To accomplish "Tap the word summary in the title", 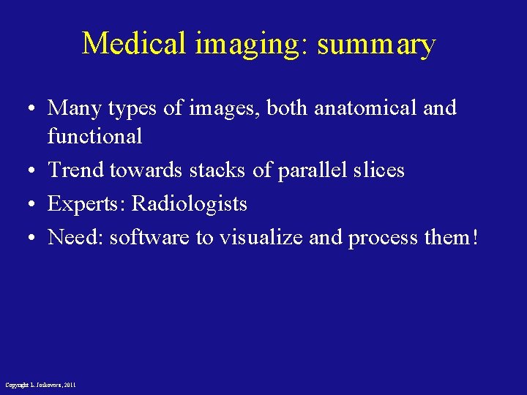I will pos(376,45).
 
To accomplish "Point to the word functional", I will pos(94,136).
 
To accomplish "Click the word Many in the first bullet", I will pos(75,109).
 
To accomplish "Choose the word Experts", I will pos(86,204).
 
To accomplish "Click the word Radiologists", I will pos(189,204).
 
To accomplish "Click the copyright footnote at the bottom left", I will pos(40,385).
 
